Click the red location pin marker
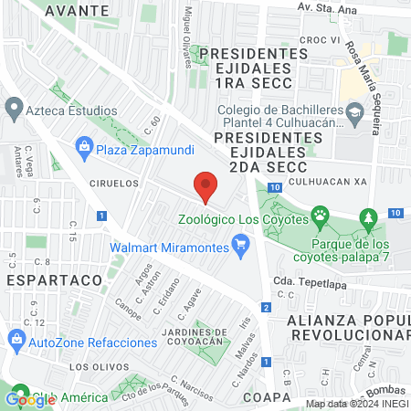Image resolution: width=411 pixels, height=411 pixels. click(205, 187)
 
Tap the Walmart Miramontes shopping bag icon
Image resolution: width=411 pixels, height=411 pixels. click(241, 244)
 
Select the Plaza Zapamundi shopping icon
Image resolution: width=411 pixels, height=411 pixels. click(84, 145)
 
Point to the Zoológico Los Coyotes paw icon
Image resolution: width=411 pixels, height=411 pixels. click(320, 218)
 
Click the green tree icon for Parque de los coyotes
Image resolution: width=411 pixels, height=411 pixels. click(368, 218)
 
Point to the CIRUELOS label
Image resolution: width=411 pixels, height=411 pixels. click(114, 183)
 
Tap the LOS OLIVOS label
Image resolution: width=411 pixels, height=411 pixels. click(96, 366)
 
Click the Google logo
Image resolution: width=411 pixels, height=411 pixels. click(31, 398)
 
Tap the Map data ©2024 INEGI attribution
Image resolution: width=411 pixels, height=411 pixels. click(356, 403)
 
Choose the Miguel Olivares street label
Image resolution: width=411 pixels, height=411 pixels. click(189, 28)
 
